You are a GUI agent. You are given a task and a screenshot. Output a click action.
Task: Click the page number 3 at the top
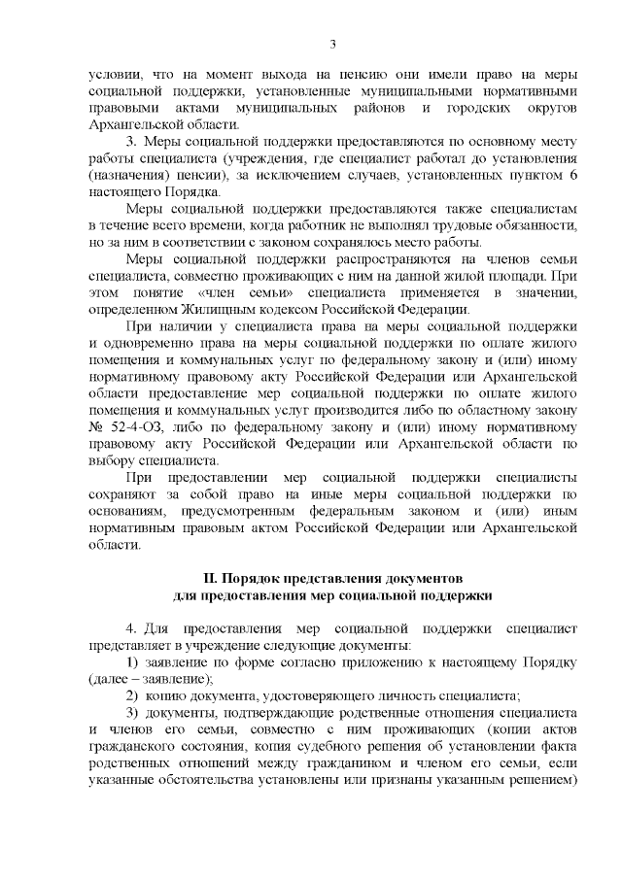point(332,44)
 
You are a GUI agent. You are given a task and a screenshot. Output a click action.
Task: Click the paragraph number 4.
point(131,628)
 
